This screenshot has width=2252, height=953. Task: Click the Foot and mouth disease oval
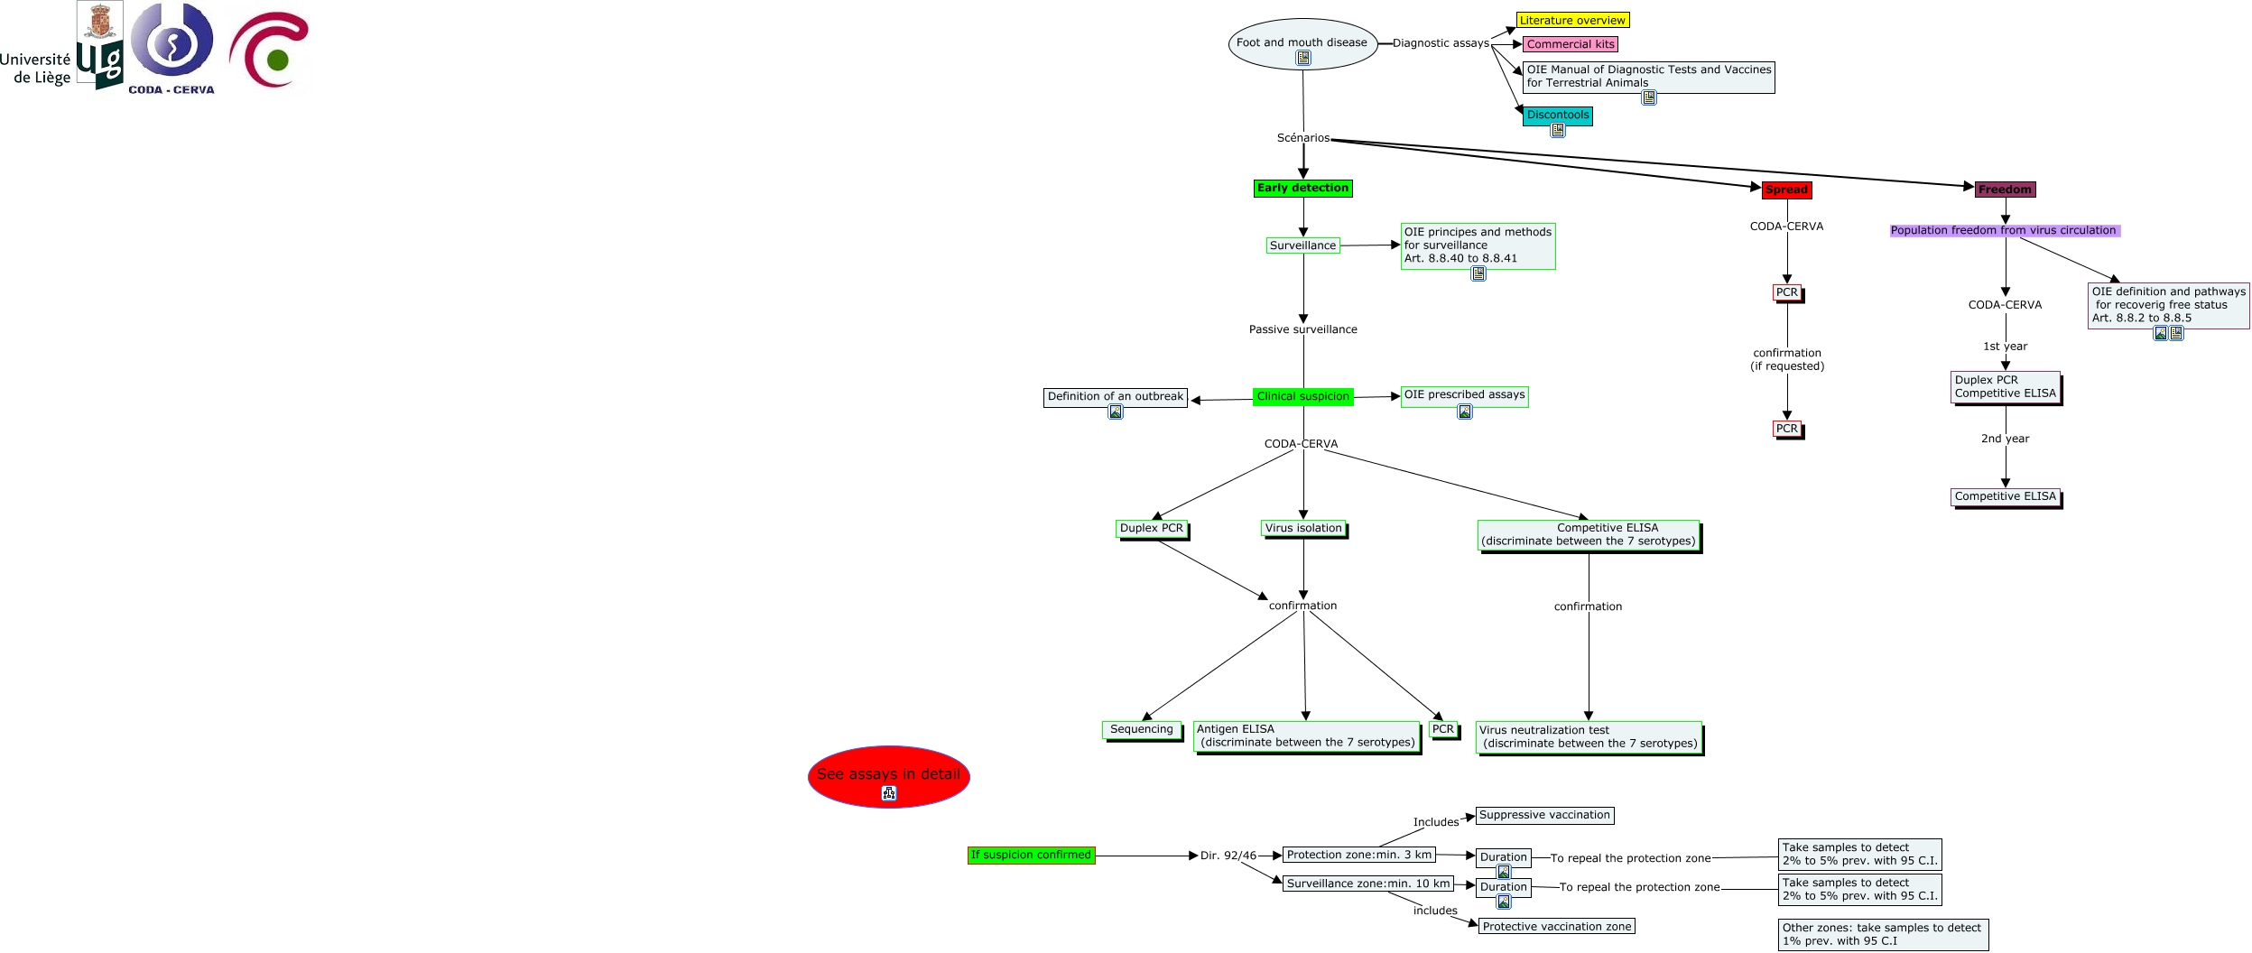(1302, 43)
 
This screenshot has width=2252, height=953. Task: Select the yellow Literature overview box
(1571, 20)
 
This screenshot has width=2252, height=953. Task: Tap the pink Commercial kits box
(1570, 44)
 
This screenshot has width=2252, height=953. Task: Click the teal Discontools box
(1557, 116)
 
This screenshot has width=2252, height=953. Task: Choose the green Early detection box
(1302, 189)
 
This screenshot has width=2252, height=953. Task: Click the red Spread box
(1786, 190)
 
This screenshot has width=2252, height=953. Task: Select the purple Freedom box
(2005, 190)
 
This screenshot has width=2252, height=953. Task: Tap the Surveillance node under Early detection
(1302, 245)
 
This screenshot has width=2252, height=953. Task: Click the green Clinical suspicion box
(1302, 397)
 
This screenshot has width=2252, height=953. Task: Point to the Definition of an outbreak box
(1115, 397)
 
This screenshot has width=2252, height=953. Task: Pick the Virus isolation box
(1302, 529)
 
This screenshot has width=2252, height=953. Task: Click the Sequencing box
(1141, 730)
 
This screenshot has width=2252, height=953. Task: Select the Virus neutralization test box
(1589, 737)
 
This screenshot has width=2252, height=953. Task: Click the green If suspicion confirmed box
(1031, 856)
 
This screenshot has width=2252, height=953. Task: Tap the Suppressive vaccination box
(1544, 816)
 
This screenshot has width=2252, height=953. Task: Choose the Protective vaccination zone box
(1556, 927)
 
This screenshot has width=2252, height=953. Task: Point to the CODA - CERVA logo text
(171, 90)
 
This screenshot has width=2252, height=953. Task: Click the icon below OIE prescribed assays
(1465, 412)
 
